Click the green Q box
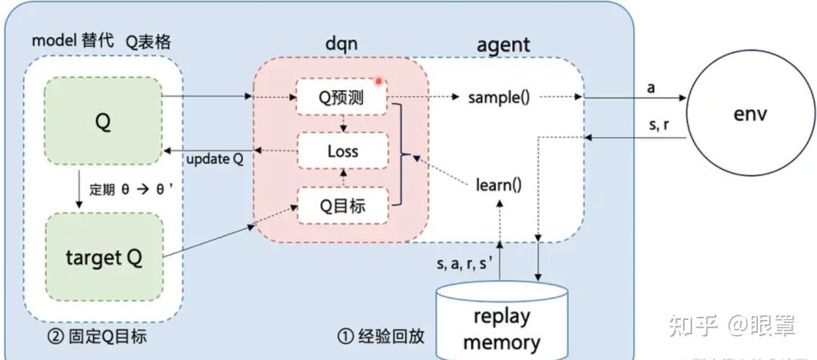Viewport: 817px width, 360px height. click(104, 121)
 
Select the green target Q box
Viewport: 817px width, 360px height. click(104, 258)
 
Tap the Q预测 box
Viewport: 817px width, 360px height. click(343, 98)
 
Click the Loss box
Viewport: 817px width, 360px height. click(343, 151)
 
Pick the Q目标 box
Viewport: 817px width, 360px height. click(343, 204)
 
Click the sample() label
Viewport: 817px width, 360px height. click(499, 97)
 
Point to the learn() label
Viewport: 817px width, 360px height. click(499, 183)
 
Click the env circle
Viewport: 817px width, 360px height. click(750, 114)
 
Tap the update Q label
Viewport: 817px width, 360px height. click(216, 160)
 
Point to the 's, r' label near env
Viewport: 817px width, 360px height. click(658, 125)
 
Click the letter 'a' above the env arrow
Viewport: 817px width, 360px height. click(651, 88)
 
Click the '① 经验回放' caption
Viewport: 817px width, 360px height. click(381, 335)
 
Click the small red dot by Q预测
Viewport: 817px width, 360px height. click(378, 80)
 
